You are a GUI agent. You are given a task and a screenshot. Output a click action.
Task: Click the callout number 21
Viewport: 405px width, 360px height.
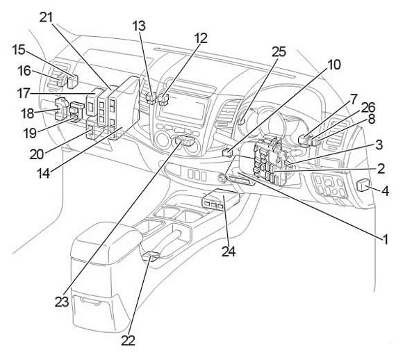(47, 17)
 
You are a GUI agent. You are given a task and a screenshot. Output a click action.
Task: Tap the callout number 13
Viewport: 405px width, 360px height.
(139, 26)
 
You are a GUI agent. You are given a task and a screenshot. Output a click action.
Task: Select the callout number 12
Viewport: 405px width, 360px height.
(201, 38)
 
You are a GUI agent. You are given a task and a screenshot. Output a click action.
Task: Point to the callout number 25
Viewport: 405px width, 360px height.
(279, 51)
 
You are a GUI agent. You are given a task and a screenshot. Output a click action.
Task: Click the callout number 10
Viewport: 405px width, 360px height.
(334, 65)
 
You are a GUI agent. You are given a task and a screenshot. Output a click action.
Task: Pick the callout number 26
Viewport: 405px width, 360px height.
(368, 108)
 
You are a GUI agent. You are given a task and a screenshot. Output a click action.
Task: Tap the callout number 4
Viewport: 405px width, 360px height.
(385, 191)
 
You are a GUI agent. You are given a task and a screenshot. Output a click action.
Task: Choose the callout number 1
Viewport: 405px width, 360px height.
(385, 239)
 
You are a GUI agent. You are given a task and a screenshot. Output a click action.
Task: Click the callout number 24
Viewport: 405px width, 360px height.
(229, 251)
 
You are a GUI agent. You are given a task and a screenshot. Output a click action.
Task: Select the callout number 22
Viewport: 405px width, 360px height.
(129, 341)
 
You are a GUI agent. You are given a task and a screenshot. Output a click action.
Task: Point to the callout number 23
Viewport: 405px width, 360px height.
(62, 302)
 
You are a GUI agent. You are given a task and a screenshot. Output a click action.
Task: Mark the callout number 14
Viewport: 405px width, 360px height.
(43, 174)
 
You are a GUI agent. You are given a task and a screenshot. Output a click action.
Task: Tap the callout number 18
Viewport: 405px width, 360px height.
(27, 113)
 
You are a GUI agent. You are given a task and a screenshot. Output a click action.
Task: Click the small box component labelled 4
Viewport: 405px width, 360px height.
(362, 186)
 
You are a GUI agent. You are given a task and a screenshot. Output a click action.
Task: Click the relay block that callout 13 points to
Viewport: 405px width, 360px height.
(151, 98)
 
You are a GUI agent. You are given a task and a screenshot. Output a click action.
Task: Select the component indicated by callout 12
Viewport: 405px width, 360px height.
(163, 100)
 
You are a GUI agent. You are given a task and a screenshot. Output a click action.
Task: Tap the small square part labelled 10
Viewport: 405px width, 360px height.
(227, 152)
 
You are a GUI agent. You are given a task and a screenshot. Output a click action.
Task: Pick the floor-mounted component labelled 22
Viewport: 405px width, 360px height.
(151, 256)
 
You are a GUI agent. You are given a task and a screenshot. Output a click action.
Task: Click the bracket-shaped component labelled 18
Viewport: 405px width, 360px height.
(61, 109)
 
